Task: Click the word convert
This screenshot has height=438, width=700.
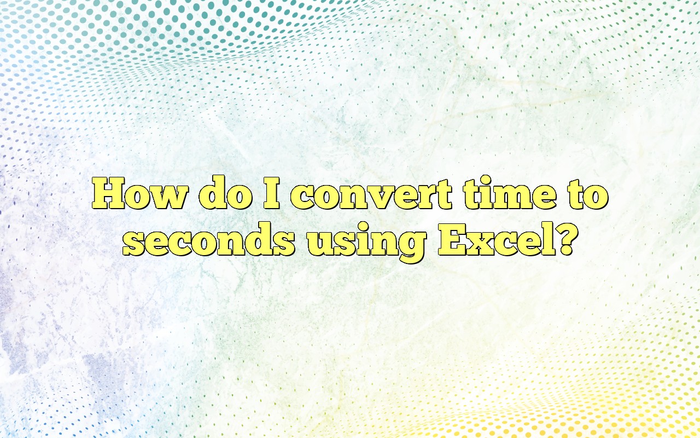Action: [x=371, y=195]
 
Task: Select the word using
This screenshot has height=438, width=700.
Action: [x=366, y=242]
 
